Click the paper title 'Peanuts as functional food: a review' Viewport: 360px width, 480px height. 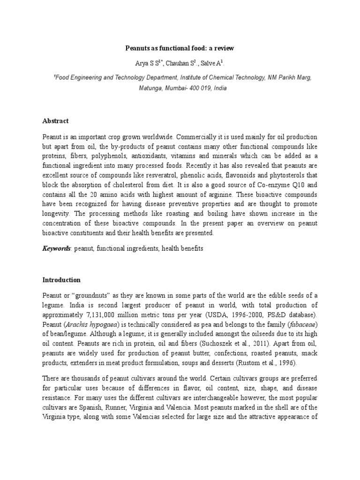point(180,48)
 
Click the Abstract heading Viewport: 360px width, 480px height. point(55,121)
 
